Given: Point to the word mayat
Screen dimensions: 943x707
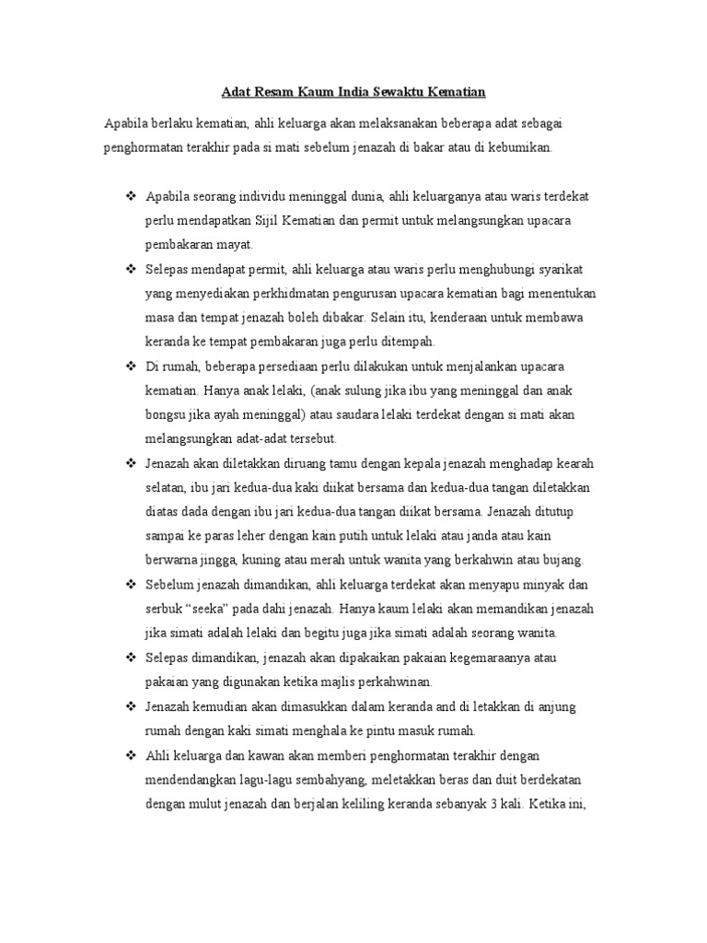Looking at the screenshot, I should tap(234, 245).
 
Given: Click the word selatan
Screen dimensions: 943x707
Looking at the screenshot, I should tap(167, 487).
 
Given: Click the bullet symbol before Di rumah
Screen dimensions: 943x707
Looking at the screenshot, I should tap(130, 366).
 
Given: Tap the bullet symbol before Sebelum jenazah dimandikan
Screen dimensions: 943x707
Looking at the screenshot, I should tap(130, 584).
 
